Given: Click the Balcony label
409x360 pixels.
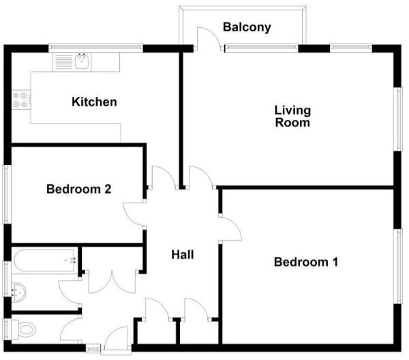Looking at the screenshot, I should click(x=247, y=28).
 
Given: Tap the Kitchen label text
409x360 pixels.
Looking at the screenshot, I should click(x=94, y=102).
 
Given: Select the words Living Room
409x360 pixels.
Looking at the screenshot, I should click(x=292, y=117).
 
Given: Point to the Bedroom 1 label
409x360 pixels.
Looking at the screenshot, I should click(x=306, y=262).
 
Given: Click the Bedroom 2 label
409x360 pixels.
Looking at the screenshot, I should click(x=78, y=189).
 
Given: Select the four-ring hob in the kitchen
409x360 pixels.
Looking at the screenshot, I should click(x=20, y=100).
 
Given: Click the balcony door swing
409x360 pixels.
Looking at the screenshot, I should click(x=208, y=39).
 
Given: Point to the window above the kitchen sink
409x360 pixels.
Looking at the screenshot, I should click(x=95, y=48).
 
